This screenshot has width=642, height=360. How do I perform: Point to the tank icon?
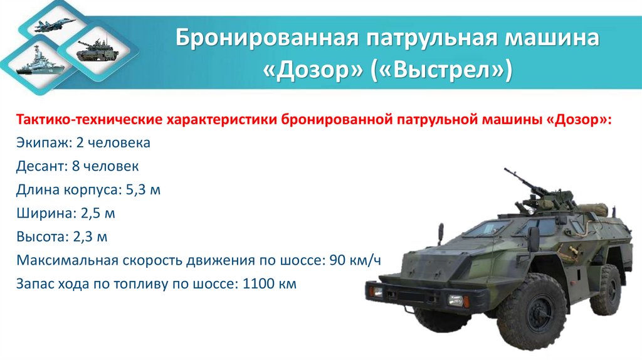pos(93,50)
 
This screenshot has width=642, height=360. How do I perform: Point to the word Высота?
pos(41,236)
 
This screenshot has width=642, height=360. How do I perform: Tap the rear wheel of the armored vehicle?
pos(606,289)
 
